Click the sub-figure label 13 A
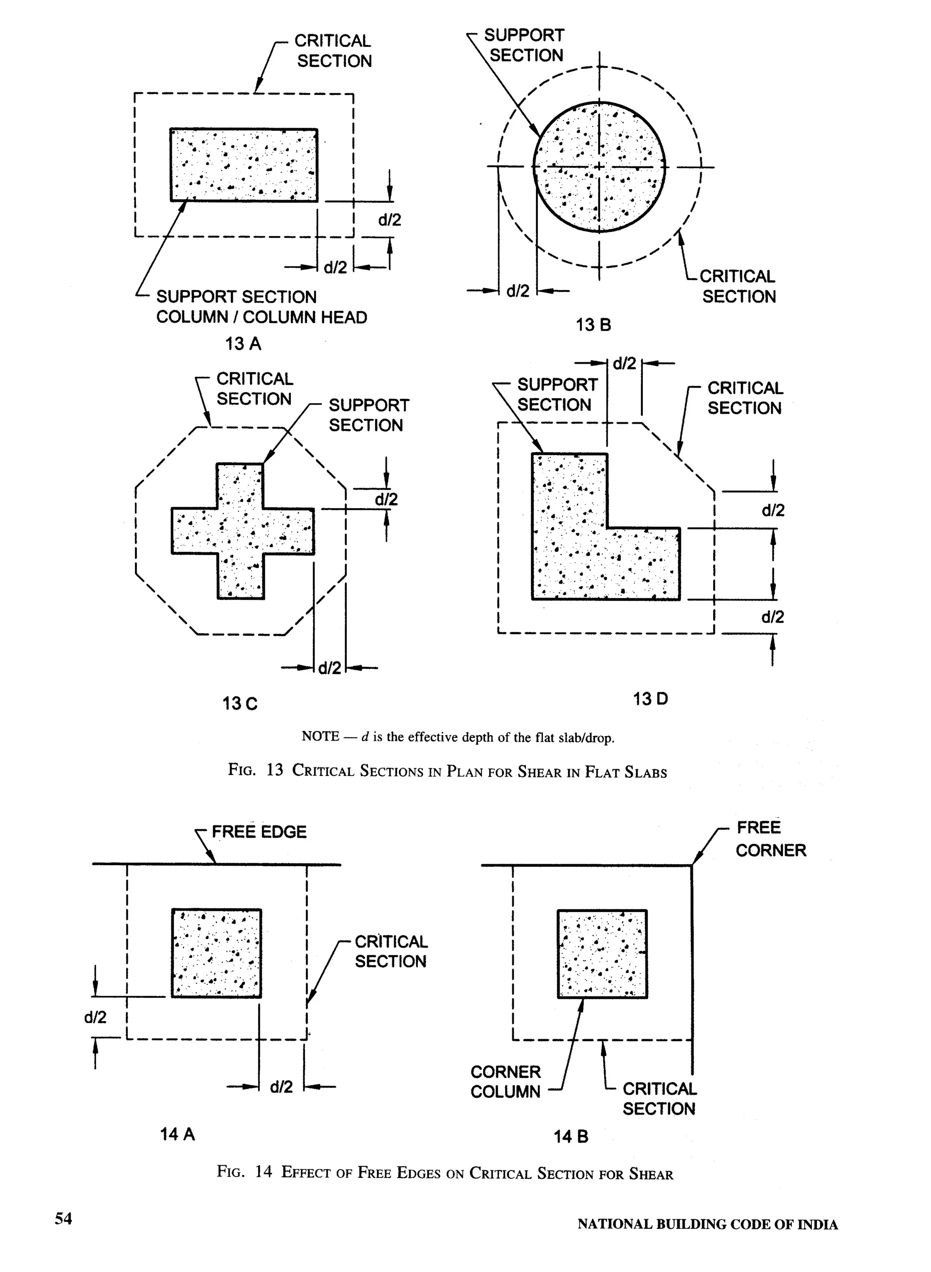click(243, 343)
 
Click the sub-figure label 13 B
click(593, 325)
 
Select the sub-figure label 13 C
click(240, 703)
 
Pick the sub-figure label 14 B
click(571, 1136)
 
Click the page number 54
click(63, 1218)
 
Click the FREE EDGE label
click(259, 832)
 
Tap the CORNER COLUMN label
click(506, 1082)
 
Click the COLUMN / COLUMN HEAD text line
click(261, 317)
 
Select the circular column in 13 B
click(599, 166)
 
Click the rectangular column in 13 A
click(244, 165)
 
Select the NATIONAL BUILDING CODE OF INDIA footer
click(707, 1224)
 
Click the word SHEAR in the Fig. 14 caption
click(651, 1174)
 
